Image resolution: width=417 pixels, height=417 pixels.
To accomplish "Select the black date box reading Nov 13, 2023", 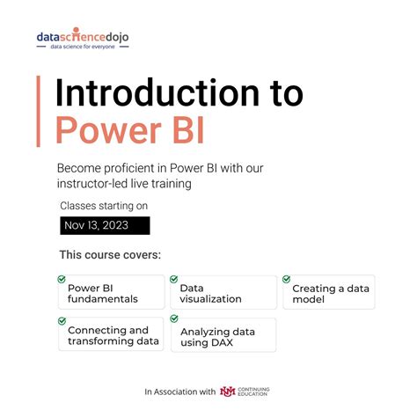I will pos(105,226).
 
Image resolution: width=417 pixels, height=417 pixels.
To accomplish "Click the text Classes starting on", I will pos(104,206).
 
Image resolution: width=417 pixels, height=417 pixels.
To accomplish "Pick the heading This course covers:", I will pos(111,255).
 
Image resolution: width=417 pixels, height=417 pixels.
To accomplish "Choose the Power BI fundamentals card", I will pos(111,293).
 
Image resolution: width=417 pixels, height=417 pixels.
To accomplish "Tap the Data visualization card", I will pos(223,293).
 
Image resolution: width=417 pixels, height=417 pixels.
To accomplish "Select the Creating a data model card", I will pos(329,293).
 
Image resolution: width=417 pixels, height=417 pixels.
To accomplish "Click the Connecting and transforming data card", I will pos(111,335).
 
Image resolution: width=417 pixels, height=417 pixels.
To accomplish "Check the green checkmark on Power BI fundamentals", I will pos(62,279).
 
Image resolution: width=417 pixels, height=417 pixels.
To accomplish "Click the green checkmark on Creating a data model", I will pos(287,279).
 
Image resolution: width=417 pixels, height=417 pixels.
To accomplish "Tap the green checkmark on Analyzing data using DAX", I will pos(173,321).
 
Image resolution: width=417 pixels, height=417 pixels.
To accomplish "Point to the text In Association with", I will pos(180,391).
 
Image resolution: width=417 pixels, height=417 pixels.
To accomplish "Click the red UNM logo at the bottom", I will pos(228,391).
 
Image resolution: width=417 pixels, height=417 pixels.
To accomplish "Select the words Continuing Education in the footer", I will pos(257,391).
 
